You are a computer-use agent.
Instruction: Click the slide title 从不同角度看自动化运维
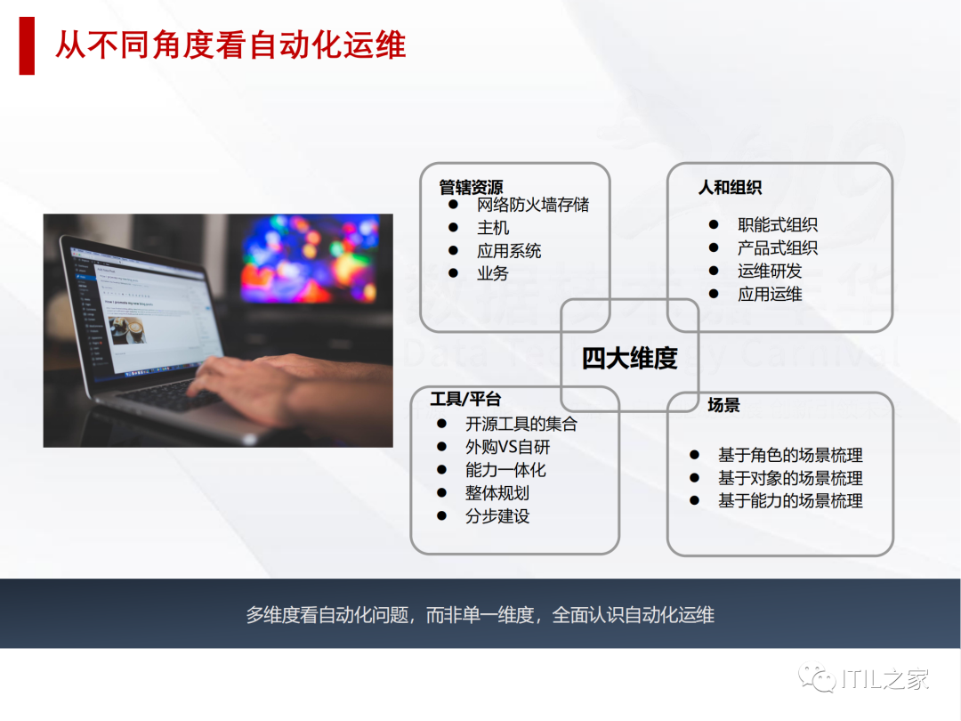[230, 45]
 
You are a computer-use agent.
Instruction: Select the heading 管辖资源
[471, 188]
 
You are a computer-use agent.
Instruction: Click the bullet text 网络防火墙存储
[532, 205]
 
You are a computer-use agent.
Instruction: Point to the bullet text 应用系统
[508, 251]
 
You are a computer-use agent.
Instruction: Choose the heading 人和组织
[730, 188]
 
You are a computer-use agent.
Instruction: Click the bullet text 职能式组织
[777, 225]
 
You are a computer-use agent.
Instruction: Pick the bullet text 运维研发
[769, 271]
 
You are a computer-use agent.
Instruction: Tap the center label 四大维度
[629, 358]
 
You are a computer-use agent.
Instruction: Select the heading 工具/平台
[465, 400]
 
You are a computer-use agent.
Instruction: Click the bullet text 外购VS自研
[507, 447]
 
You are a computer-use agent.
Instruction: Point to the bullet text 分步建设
[497, 516]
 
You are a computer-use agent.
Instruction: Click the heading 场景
[723, 405]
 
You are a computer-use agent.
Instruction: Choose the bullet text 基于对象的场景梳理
[790, 478]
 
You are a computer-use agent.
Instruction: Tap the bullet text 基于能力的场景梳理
[790, 501]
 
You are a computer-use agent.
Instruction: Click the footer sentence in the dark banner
[480, 615]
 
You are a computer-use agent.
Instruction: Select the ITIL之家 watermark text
[885, 680]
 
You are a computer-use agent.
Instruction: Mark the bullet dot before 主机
[453, 228]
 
